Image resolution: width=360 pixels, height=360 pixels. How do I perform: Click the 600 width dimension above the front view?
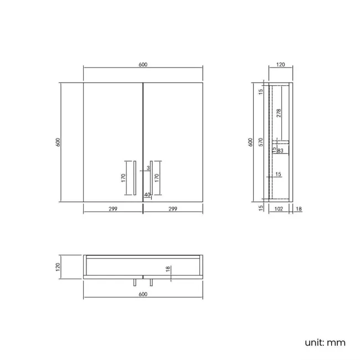pyautogui.click(x=143, y=65)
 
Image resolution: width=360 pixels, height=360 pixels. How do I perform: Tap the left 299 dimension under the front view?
pyautogui.click(x=113, y=209)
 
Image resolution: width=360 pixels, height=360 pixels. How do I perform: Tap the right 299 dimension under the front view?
pyautogui.click(x=173, y=209)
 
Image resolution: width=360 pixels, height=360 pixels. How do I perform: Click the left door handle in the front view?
pyautogui.click(x=135, y=178)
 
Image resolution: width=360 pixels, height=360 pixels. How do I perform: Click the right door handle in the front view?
pyautogui.click(x=151, y=178)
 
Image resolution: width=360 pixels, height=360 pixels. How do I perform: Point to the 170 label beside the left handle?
pyautogui.click(x=124, y=178)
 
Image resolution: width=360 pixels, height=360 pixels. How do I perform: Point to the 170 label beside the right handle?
pyautogui.click(x=157, y=178)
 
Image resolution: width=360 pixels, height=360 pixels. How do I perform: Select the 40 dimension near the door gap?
pyautogui.click(x=147, y=194)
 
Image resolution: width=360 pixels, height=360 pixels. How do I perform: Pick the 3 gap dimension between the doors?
pyautogui.click(x=148, y=167)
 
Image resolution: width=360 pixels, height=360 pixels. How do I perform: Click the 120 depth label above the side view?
pyautogui.click(x=280, y=65)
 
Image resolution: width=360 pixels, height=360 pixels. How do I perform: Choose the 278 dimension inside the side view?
pyautogui.click(x=279, y=113)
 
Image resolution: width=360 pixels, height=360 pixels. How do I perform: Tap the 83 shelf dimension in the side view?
pyautogui.click(x=280, y=150)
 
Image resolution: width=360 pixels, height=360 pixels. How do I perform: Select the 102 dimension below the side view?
pyautogui.click(x=279, y=209)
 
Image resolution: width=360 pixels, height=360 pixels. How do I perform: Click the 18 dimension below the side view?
pyautogui.click(x=299, y=209)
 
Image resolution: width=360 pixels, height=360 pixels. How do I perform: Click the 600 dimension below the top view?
pyautogui.click(x=143, y=295)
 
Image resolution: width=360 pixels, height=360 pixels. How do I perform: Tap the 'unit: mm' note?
pyautogui.click(x=325, y=342)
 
